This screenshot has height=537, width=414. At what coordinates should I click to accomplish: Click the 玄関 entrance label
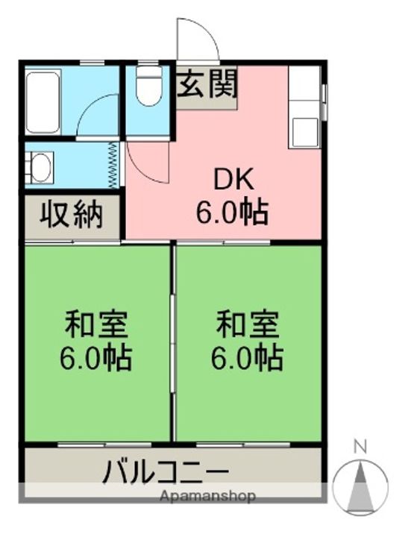coord(207,85)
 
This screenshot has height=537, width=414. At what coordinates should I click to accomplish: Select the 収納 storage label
coord(71,216)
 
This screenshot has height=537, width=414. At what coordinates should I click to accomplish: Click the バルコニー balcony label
coord(166,472)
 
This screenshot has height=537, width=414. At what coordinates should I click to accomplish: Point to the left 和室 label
coord(97,325)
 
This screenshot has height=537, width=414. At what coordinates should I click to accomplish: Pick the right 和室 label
coord(248,325)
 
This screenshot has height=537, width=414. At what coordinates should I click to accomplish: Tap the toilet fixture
coord(149,88)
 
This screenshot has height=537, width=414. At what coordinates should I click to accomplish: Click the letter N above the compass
coord(360,447)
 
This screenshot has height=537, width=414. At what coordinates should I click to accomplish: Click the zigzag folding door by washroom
coord(113,164)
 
